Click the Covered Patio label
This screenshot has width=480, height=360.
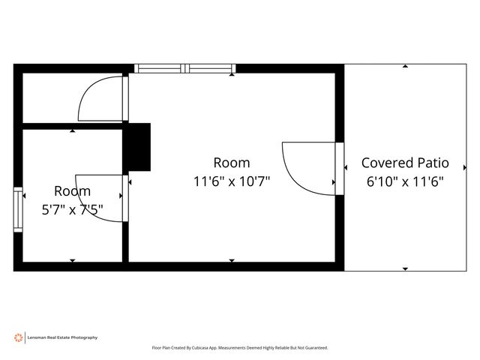click(x=405, y=163)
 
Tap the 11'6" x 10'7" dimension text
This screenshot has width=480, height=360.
click(x=232, y=181)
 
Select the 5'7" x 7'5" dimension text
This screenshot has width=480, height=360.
click(x=72, y=210)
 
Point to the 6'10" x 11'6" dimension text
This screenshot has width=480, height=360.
click(x=405, y=181)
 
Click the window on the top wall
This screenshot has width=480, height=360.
click(x=185, y=68)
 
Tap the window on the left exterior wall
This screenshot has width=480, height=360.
click(x=18, y=210)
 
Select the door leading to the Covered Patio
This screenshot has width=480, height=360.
click(x=340, y=169)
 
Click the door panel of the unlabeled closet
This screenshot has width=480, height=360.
click(x=125, y=98)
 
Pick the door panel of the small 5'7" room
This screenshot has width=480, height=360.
click(x=125, y=198)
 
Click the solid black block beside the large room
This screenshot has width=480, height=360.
click(x=136, y=147)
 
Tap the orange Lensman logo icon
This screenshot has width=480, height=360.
click(x=18, y=337)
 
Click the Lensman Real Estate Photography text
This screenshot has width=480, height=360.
click(x=62, y=337)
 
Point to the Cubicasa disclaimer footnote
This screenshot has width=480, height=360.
click(x=240, y=348)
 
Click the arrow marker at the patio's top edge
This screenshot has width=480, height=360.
click(x=405, y=66)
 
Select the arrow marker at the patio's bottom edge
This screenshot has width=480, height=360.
click(x=405, y=269)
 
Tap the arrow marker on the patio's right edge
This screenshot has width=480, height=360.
click(x=465, y=167)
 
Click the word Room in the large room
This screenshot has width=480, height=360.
click(x=232, y=163)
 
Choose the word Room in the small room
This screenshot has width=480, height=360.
click(x=72, y=191)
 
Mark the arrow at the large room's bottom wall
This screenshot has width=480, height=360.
click(x=232, y=260)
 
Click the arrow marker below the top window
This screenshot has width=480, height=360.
click(x=232, y=74)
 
